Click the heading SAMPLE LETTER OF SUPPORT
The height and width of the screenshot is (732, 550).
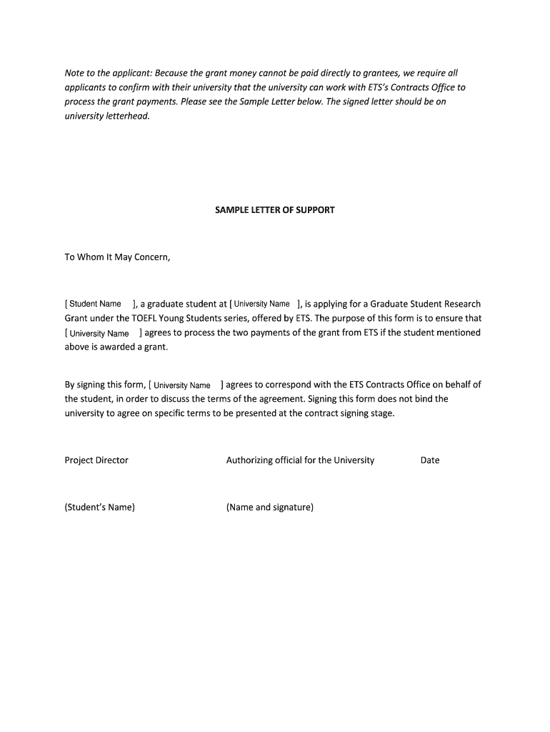274,211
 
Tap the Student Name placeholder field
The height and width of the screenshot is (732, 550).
95,304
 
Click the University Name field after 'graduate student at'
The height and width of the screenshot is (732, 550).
261,304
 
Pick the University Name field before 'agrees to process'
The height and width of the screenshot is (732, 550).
99,333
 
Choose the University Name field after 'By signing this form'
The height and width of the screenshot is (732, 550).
182,385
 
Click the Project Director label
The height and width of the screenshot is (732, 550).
96,460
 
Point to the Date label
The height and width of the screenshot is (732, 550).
430,460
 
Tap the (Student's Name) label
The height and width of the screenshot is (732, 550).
100,508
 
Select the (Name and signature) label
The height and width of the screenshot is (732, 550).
270,508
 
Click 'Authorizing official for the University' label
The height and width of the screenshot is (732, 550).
300,460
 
